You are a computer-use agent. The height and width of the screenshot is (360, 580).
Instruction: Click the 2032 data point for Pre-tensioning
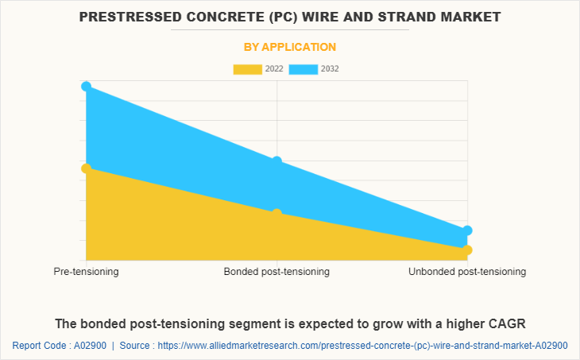pos(86,87)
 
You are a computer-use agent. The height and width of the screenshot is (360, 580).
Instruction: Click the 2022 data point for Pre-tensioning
pos(86,168)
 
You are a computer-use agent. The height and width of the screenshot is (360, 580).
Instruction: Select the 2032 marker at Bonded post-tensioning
pos(276,161)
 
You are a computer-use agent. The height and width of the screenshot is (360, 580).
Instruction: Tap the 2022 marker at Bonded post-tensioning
pos(276,214)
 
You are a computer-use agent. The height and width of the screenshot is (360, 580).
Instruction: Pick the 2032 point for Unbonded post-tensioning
pos(467,230)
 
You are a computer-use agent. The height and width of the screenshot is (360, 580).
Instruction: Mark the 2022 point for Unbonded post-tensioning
pos(467,250)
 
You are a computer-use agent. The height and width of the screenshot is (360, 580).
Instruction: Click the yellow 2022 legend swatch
pos(247,69)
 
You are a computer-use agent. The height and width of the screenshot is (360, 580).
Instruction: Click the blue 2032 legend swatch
pos(303,69)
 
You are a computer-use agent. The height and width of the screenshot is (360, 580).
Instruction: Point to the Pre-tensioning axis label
pos(86,272)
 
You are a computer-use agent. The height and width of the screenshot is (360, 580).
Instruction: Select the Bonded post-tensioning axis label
pos(276,272)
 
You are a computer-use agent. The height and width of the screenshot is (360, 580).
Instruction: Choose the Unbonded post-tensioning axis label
pos(467,272)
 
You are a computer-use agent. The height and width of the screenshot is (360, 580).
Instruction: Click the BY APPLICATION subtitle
pos(289,48)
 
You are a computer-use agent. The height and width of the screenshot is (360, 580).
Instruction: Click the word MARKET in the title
pos(475,16)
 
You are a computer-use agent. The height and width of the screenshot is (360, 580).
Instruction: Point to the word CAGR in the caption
pos(508,323)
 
